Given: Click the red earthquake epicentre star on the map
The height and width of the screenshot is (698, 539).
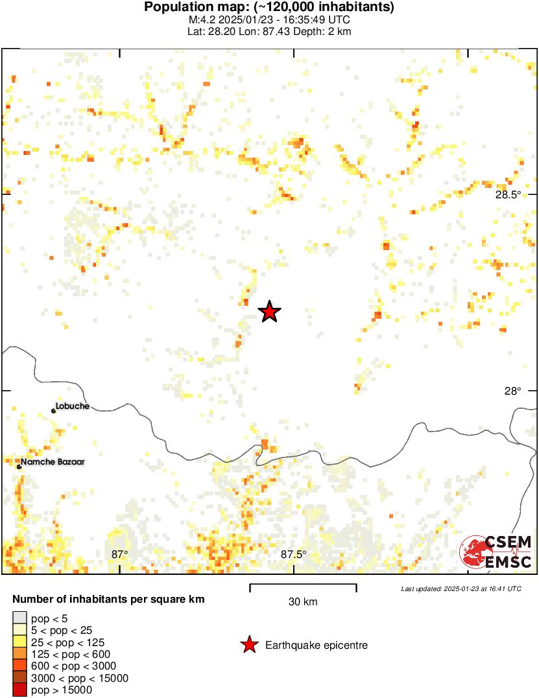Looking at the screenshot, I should click(270, 312).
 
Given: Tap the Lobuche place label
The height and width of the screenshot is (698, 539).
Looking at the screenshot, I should click(73, 406).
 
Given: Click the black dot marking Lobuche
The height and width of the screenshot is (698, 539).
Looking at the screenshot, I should click(53, 411).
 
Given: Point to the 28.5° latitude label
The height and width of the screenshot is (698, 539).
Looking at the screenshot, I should click(508, 194).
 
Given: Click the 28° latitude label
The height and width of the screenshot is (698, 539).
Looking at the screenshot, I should click(513, 391).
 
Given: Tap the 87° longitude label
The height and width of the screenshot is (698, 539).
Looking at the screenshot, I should click(119, 554).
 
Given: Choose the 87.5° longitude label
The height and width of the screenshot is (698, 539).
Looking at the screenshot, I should click(293, 554).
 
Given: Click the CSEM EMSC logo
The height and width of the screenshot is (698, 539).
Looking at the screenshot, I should click(496, 552).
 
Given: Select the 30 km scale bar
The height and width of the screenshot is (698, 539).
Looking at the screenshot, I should click(303, 588).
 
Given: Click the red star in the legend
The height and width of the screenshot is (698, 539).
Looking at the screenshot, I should click(248, 645).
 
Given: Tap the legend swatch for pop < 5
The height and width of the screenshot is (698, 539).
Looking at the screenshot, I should click(19, 619).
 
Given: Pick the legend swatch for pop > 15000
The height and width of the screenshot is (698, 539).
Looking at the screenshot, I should click(19, 690).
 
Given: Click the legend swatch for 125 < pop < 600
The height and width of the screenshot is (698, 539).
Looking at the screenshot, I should click(19, 655).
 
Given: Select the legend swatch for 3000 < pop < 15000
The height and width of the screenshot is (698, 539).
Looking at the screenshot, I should click(19, 679).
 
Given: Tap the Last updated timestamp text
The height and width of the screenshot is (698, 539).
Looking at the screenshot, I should click(461, 588).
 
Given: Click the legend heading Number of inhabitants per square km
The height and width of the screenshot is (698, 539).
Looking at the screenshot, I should click(109, 599).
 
